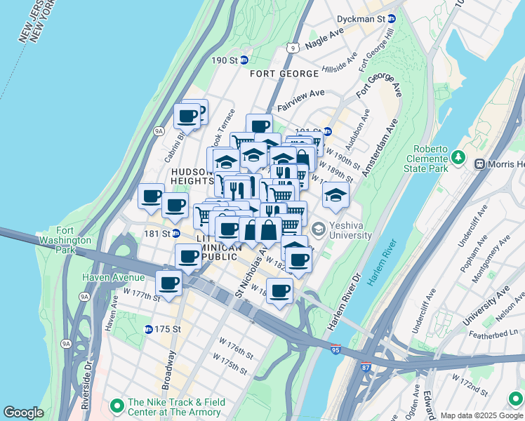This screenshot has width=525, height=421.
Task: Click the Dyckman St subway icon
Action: pyautogui.click(x=392, y=19)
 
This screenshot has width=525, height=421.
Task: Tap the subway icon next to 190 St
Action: pyautogui.click(x=244, y=60)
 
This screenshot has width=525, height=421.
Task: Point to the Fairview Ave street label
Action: pyautogui.click(x=300, y=93)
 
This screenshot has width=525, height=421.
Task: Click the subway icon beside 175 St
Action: pyautogui.click(x=148, y=329)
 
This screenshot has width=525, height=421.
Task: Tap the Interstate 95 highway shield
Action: pyautogui.click(x=336, y=349)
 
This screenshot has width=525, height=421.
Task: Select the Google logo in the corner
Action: pyautogui.click(x=23, y=413)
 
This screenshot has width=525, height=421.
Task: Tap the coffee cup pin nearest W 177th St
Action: pyautogui.click(x=168, y=283)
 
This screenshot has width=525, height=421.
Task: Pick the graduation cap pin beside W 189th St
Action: pyautogui.click(x=335, y=194)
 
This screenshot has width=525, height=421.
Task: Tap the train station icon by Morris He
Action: pyautogui.click(x=480, y=164)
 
